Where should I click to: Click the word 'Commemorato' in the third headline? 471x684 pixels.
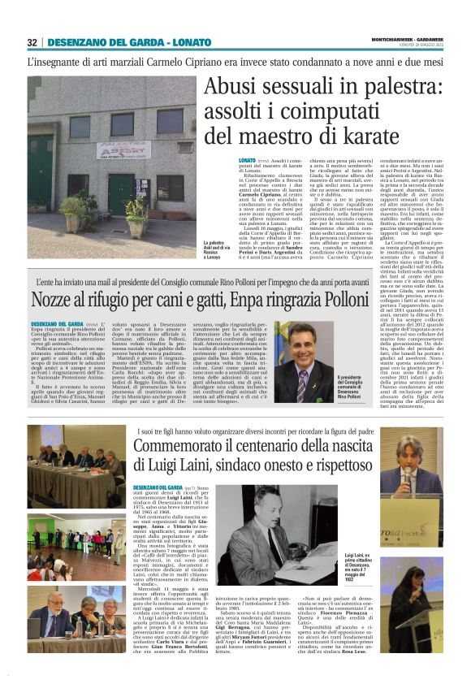click(x=182, y=446)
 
